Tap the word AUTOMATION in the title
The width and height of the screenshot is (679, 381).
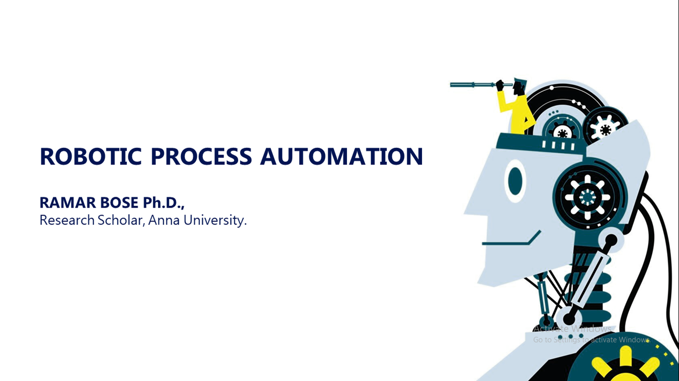tap(341, 156)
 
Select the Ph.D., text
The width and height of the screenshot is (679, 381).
tap(164, 203)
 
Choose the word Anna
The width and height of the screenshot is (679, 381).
tap(164, 220)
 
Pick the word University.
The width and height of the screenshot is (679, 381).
tap(215, 220)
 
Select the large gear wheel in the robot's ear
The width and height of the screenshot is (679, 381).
tap(587, 197)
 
